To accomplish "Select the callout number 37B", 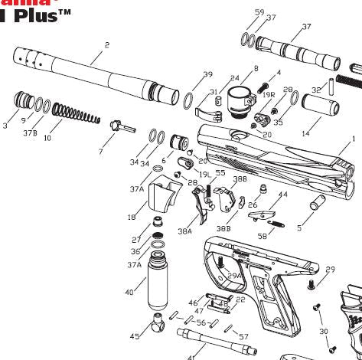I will point(29,133).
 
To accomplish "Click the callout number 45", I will point(135,336).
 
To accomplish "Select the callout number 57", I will point(243,336).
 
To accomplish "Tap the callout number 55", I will point(220,173).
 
